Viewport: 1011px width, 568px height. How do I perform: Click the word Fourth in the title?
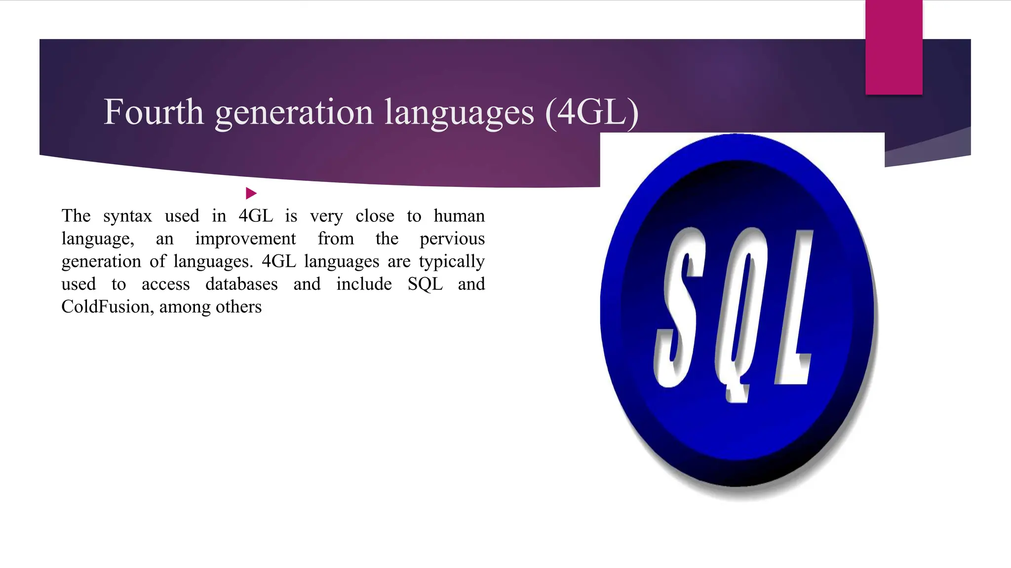pos(153,112)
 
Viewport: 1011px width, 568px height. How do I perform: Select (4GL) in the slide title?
pos(592,113)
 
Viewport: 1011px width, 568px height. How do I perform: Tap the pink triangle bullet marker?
pos(251,193)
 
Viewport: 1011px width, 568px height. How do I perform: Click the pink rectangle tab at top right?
pos(894,47)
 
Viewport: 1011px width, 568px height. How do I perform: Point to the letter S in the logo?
pos(679,306)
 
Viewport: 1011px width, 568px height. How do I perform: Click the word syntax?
pos(127,216)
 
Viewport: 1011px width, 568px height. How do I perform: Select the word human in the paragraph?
pos(459,215)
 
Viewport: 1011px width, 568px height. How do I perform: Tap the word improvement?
pos(245,239)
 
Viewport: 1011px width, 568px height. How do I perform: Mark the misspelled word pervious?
pos(452,239)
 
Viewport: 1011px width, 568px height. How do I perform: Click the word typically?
pos(452,262)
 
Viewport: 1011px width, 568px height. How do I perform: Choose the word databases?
pos(241,284)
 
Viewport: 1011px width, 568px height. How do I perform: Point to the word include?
pos(364,284)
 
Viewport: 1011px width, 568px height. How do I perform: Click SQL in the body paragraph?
pos(425,284)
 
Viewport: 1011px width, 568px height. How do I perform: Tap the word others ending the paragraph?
pos(238,307)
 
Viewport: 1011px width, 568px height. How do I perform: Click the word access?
pos(165,284)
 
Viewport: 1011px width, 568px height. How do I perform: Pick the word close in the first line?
pos(375,216)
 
